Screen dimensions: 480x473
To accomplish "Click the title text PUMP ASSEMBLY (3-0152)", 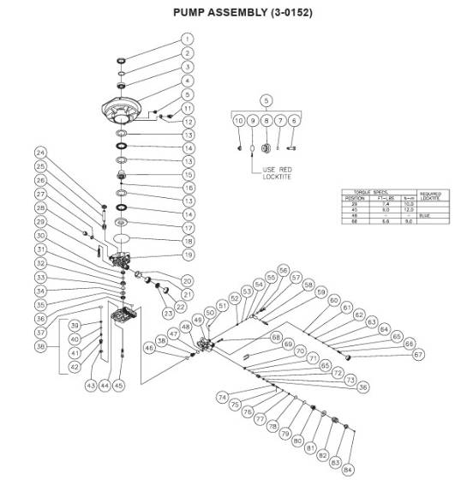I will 236,14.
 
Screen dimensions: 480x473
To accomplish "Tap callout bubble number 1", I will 188,39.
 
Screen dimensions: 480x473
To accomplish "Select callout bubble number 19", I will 188,255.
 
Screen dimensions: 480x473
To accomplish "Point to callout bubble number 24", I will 40,153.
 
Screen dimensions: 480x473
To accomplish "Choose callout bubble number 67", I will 418,354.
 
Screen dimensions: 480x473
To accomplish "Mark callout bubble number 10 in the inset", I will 239,122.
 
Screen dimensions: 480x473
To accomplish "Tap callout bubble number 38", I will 161,340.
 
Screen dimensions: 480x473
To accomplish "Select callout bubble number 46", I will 150,349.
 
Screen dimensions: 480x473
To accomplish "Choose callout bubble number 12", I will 188,123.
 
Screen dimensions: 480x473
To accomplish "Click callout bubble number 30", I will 40,235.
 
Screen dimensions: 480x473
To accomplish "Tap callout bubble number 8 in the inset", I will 266,122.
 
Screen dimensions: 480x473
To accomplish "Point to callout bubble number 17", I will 188,228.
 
